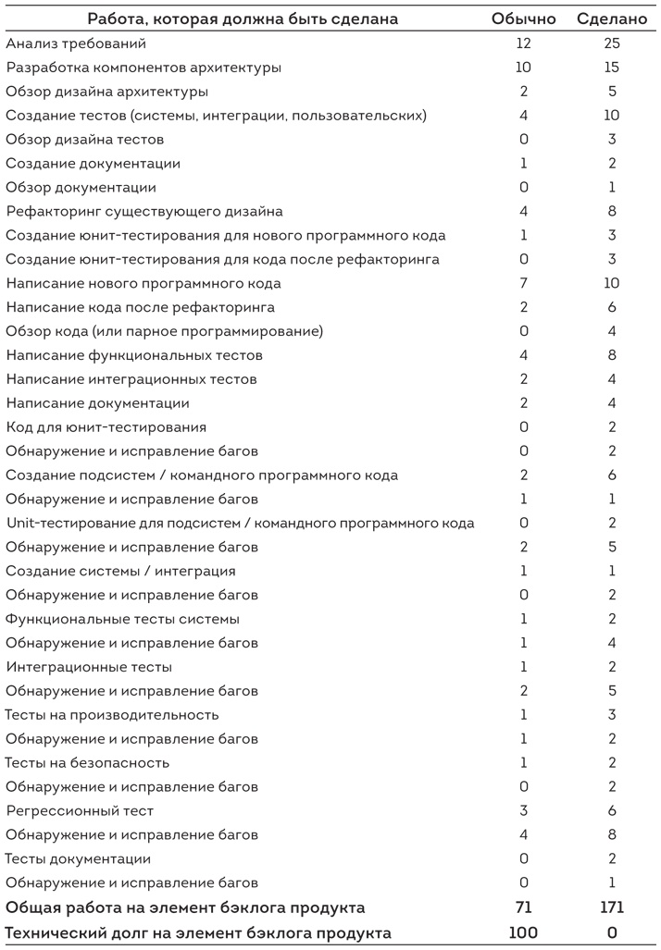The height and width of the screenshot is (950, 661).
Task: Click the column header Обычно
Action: click(x=524, y=19)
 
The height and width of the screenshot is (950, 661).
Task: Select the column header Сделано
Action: click(x=611, y=19)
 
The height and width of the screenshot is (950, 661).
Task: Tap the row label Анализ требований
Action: click(x=76, y=43)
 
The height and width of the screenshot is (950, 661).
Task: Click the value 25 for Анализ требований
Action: click(x=611, y=43)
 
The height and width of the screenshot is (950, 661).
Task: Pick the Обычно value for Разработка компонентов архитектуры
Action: click(x=524, y=68)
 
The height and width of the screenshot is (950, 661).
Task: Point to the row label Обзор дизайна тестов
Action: click(x=85, y=140)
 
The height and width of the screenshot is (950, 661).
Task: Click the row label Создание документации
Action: click(x=93, y=164)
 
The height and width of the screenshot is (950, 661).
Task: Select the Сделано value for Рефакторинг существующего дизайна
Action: click(x=611, y=212)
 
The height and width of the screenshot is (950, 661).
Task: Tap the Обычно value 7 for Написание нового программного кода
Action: click(x=524, y=283)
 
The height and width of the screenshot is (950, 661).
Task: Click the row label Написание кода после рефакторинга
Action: click(x=140, y=307)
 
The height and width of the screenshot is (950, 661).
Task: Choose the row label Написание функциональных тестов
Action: click(x=134, y=355)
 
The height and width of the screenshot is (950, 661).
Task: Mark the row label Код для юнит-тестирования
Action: click(x=106, y=427)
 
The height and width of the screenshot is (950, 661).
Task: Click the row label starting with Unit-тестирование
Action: click(x=240, y=524)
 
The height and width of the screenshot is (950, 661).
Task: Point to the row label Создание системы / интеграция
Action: click(x=120, y=571)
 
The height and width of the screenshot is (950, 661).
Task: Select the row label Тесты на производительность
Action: click(x=112, y=715)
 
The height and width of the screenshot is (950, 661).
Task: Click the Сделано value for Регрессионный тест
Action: click(x=611, y=811)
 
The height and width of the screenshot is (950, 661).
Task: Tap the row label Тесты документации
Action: click(x=78, y=858)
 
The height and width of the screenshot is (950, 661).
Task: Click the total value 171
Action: click(x=611, y=907)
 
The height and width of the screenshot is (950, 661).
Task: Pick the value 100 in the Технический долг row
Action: click(x=524, y=932)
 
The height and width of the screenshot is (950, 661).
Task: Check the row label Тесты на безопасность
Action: click(x=87, y=763)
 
